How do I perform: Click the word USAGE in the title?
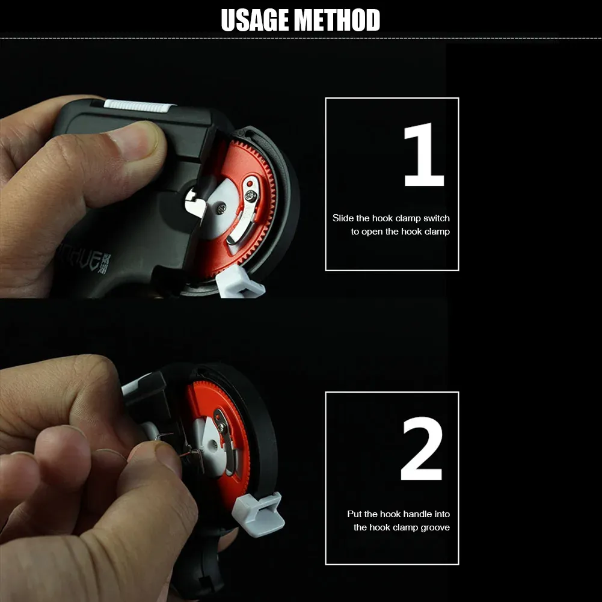click(255, 20)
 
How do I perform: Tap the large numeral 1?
click(424, 155)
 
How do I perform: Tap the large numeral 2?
click(422, 449)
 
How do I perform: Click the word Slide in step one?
click(343, 218)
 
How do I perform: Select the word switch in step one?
click(436, 218)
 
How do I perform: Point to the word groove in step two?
click(435, 527)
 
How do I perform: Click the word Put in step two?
click(354, 514)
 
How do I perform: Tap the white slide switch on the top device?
click(138, 106)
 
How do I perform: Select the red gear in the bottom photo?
click(220, 441)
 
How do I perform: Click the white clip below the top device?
click(239, 283)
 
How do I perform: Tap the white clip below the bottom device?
click(258, 514)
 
